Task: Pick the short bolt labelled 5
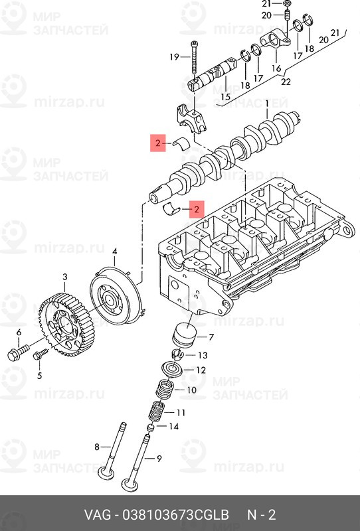41,354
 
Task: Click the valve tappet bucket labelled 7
183,335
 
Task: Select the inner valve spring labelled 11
157,412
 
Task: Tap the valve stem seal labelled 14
150,427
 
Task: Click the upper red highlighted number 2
158,143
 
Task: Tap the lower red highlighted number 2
197,209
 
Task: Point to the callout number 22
286,82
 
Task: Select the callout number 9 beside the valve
159,459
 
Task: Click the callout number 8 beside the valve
97,447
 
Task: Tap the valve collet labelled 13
177,354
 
